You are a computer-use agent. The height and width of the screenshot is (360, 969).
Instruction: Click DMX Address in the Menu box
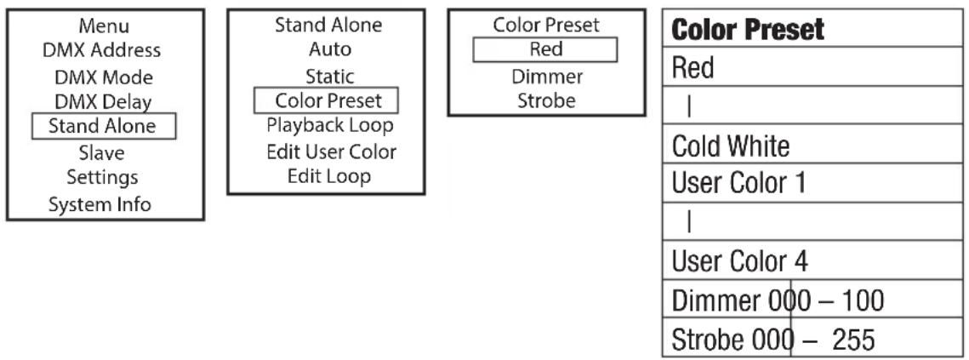click(x=101, y=50)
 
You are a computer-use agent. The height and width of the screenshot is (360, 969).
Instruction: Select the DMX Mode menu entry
click(x=104, y=77)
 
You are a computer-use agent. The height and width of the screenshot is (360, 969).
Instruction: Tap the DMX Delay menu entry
click(x=103, y=101)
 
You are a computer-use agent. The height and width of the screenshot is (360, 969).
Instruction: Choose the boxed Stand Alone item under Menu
click(x=103, y=126)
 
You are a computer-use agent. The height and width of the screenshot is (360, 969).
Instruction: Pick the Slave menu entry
click(x=102, y=153)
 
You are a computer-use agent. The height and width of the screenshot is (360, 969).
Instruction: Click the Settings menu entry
click(x=102, y=178)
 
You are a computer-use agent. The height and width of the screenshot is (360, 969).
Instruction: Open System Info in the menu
click(x=100, y=204)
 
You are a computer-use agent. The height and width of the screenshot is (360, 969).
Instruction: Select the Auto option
click(x=330, y=49)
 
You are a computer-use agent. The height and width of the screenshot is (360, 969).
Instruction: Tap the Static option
click(x=330, y=77)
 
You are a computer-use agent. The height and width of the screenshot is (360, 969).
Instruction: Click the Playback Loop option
click(x=330, y=126)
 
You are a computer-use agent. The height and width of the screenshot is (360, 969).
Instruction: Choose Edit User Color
click(x=331, y=151)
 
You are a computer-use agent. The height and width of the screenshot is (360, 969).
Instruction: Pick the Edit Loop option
click(x=329, y=176)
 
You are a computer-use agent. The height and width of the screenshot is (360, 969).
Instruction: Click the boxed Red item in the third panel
click(x=545, y=49)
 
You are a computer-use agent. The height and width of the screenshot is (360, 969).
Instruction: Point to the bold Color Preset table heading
click(x=748, y=29)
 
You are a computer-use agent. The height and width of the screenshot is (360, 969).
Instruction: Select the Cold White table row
click(x=731, y=146)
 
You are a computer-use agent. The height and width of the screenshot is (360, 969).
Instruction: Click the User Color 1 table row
click(x=738, y=184)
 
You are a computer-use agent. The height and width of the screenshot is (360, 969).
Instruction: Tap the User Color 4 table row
click(x=740, y=261)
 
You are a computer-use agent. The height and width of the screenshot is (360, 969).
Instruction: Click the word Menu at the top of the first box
click(x=104, y=26)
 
